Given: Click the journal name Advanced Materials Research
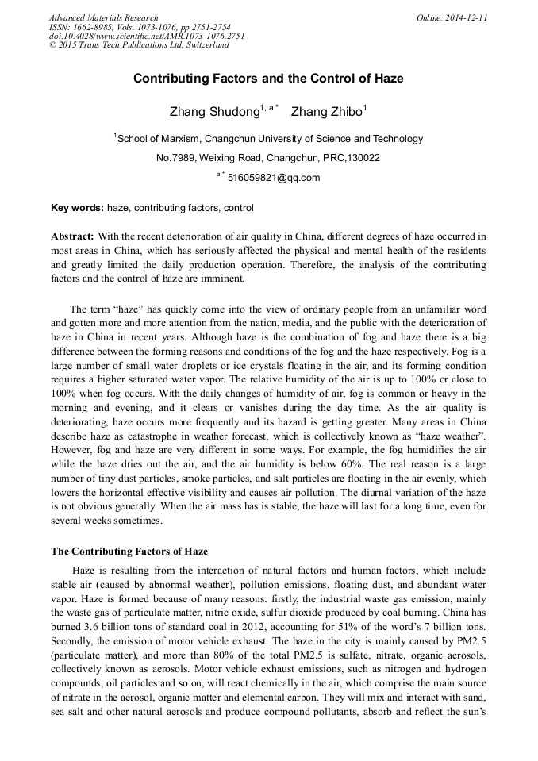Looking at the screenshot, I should pos(103,17).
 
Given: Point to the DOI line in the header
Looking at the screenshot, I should pos(147,36).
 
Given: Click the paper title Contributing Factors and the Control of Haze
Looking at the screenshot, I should pos(268,79).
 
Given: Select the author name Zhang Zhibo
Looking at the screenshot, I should pos(326,111).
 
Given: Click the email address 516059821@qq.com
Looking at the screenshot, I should pos(273,178).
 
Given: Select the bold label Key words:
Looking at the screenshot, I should pos(77,208).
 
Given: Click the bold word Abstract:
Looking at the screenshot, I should pos(73,237).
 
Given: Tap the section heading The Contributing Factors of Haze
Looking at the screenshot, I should pos(129,552).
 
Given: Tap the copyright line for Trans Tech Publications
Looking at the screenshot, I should pos(139,45).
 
